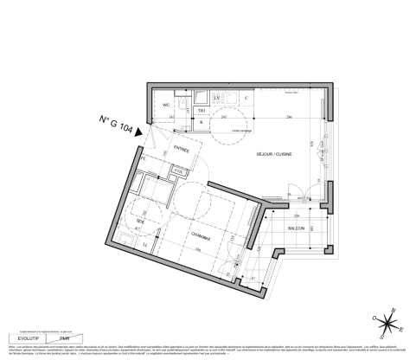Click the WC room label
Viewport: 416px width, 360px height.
click(x=167, y=105)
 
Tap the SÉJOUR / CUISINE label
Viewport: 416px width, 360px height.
click(x=273, y=153)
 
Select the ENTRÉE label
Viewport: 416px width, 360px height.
click(x=181, y=149)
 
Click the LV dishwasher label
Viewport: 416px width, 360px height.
click(x=217, y=98)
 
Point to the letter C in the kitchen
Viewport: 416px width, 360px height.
click(x=246, y=98)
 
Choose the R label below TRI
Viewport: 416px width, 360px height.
click(x=202, y=122)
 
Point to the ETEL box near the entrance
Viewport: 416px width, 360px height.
click(x=178, y=171)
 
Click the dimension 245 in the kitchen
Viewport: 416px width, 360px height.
click(x=223, y=115)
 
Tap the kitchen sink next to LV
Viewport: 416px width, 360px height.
click(x=200, y=98)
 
